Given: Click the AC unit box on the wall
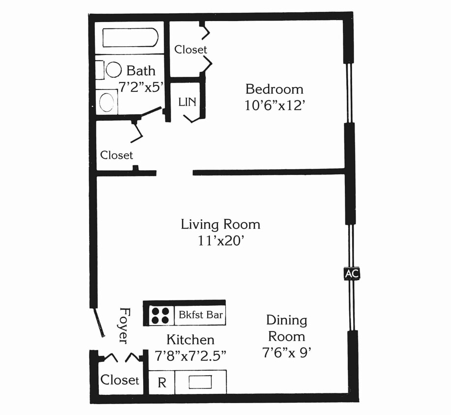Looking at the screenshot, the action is [x=352, y=273].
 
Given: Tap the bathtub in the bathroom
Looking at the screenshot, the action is [x=130, y=37].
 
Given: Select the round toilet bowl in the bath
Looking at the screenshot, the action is [x=114, y=70].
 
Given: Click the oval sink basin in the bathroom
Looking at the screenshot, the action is [x=107, y=102].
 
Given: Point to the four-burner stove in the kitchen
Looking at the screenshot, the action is [x=160, y=316].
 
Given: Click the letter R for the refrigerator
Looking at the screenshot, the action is [x=162, y=383].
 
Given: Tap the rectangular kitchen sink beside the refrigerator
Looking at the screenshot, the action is [x=200, y=382].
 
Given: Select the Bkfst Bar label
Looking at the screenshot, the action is [x=201, y=315].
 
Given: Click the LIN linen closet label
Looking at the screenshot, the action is [x=187, y=102].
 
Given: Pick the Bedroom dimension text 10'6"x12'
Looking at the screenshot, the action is [x=274, y=106].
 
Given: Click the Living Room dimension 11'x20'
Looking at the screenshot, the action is [x=221, y=241].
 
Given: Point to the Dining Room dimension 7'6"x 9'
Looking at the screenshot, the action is [x=287, y=352].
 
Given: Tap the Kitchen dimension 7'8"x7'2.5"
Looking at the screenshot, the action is [x=190, y=356].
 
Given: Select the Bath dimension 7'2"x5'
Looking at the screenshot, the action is [x=141, y=87].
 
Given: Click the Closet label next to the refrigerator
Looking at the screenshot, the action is [x=120, y=380].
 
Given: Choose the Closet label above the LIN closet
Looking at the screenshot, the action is [x=190, y=50].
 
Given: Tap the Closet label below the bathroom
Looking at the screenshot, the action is [x=117, y=155].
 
